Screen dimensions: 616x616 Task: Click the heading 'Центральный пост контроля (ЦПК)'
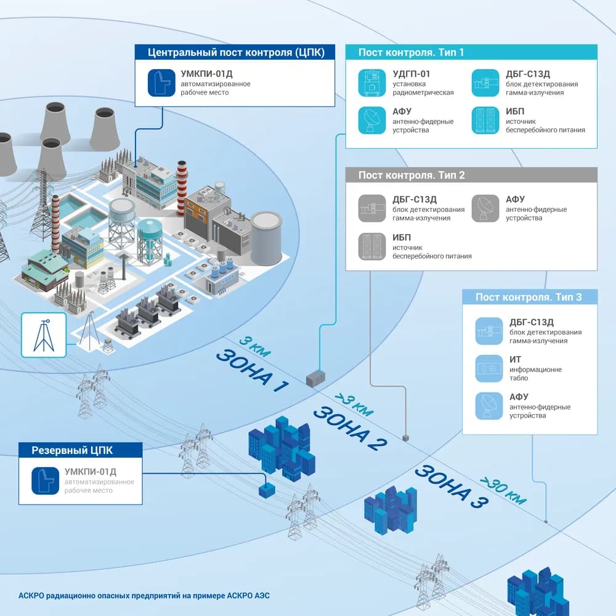236,52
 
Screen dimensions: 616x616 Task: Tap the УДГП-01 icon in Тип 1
372,83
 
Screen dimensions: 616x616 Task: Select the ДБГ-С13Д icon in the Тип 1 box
485,83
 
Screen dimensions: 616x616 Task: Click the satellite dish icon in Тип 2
485,208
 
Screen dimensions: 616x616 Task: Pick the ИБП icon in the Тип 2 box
372,246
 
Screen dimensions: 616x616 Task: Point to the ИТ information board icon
489,368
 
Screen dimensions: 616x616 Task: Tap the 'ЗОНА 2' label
350,428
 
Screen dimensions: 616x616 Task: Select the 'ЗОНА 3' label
452,487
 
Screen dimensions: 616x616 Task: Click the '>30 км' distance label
503,491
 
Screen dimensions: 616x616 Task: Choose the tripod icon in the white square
44,335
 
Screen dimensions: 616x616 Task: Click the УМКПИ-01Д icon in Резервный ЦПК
46,480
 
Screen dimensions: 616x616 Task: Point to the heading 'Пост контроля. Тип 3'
529,297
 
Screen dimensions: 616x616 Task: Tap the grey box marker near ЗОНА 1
315,379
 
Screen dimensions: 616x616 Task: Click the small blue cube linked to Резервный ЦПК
267,491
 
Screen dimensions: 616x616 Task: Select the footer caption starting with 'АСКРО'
144,596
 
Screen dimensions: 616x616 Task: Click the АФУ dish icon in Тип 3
489,406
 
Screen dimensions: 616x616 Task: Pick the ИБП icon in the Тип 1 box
485,120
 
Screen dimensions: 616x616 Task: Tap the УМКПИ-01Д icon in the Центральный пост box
161,83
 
